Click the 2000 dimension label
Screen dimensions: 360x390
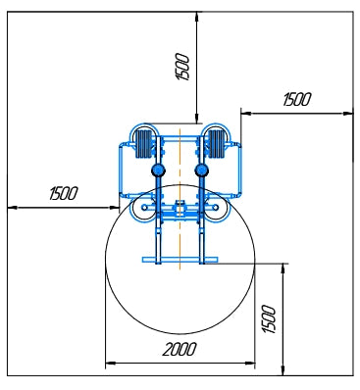click(180, 349)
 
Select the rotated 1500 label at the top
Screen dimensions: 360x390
click(182, 68)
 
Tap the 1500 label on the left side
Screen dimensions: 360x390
click(64, 193)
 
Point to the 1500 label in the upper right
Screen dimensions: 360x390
click(297, 99)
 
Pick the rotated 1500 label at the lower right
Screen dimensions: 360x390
click(270, 319)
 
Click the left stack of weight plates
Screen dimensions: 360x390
click(144, 144)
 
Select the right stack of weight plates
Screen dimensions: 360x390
click(216, 144)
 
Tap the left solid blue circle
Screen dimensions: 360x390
click(158, 170)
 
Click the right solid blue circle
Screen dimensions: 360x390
click(201, 170)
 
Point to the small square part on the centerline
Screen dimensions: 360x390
click(180, 207)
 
